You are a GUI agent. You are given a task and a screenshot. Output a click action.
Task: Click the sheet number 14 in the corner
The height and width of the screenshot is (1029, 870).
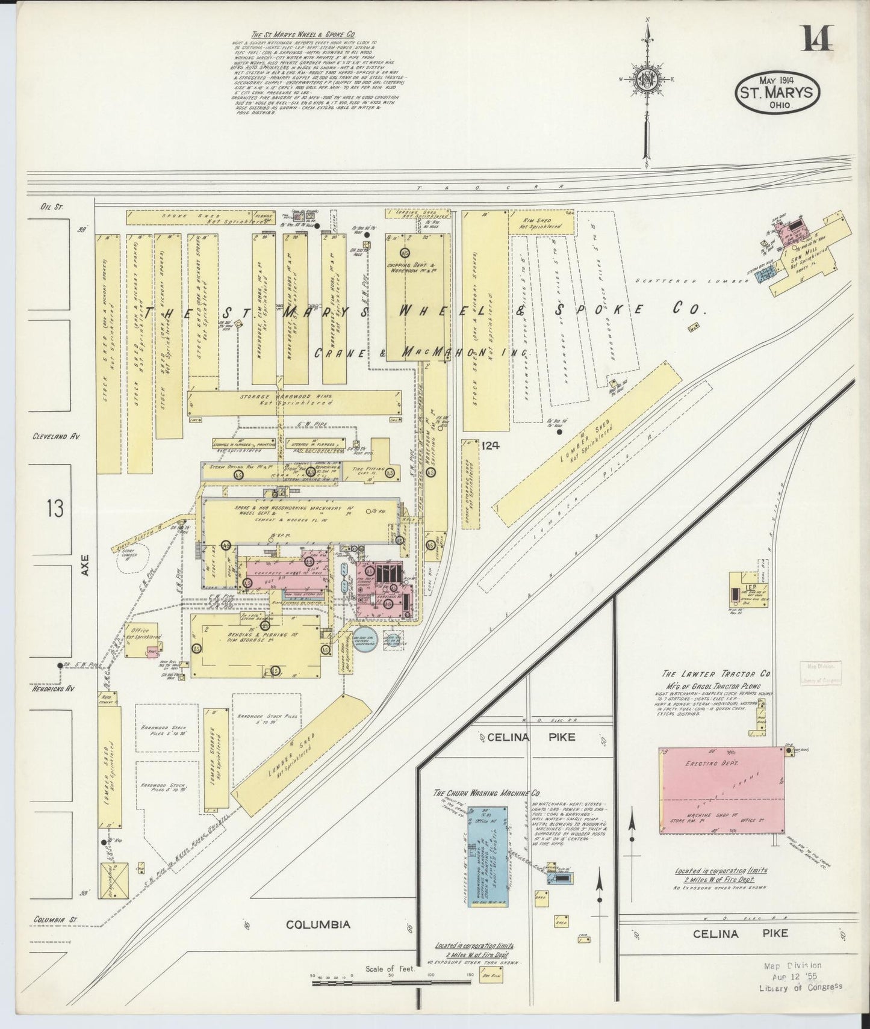tap(817, 40)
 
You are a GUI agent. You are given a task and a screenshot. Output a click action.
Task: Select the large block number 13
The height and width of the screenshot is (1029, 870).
tap(54, 509)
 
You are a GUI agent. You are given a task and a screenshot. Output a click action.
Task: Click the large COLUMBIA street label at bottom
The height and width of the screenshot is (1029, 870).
tap(317, 941)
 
